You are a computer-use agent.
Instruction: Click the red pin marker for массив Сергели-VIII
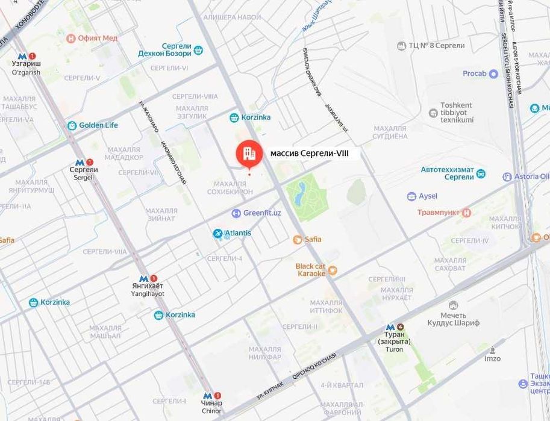point(248,155)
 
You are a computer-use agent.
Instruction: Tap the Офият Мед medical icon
point(72,38)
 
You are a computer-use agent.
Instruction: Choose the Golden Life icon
point(72,125)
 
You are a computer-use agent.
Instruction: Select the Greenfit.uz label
point(262,213)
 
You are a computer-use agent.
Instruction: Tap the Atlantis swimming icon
point(217,233)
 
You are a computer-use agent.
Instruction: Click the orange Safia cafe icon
point(297,239)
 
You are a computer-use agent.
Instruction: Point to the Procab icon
point(493,73)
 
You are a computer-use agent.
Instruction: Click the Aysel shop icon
point(411,196)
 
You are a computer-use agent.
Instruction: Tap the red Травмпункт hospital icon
point(466,213)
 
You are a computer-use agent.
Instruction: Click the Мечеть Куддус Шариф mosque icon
point(453,305)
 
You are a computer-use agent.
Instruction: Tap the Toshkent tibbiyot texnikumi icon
point(433,113)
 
